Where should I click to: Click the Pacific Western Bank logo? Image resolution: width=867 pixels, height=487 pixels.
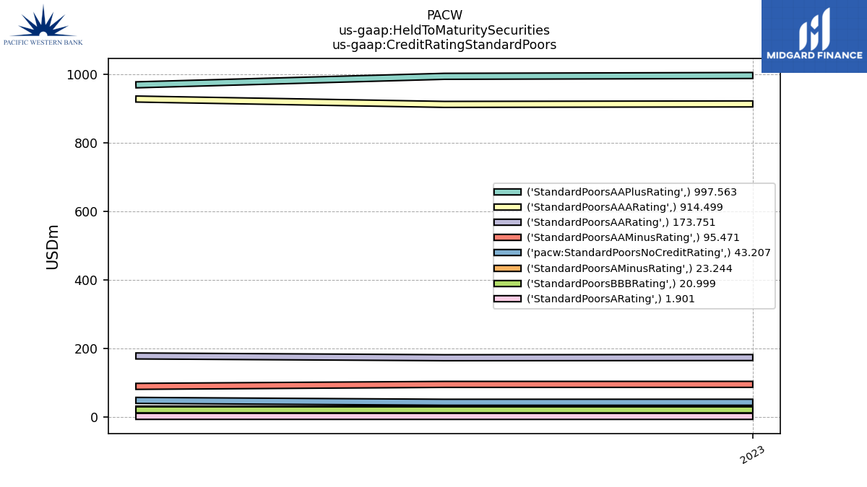(43, 25)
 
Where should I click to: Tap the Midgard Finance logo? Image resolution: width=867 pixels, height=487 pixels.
(814, 36)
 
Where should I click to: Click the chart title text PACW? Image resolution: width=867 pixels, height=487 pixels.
(444, 15)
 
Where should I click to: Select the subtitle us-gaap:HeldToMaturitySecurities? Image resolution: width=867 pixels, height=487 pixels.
(444, 30)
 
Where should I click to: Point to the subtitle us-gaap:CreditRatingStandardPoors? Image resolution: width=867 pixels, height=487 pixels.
(444, 45)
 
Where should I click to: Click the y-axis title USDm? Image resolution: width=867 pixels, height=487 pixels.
(52, 247)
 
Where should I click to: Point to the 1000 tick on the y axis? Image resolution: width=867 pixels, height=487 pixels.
(82, 75)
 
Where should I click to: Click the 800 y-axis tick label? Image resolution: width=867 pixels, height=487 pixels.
(86, 144)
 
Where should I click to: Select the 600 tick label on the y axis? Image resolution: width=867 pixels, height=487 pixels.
(86, 212)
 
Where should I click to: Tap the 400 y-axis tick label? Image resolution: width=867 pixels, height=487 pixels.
(86, 281)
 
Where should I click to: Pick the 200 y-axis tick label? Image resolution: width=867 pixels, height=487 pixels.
(86, 349)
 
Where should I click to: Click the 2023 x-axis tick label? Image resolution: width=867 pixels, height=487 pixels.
(752, 455)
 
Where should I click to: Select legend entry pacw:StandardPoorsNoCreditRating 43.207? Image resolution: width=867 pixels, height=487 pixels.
(632, 253)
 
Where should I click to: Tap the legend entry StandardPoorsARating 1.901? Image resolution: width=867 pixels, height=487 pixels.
(594, 299)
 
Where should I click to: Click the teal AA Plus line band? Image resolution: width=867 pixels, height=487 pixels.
(444, 76)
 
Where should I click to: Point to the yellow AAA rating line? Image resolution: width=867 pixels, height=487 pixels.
(444, 105)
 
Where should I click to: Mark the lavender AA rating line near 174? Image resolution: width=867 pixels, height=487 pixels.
(444, 358)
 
